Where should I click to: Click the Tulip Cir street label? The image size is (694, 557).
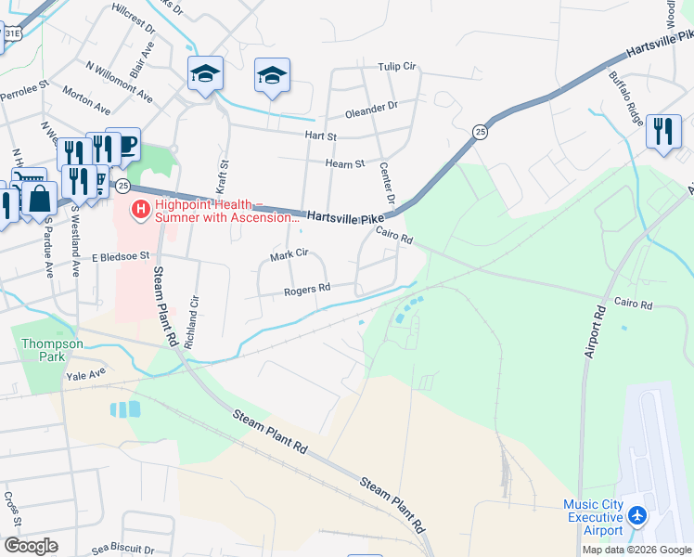(x=398, y=67)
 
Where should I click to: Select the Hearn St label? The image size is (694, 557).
(x=344, y=163)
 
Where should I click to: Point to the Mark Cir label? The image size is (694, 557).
(x=288, y=253)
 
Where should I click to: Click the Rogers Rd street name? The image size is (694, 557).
(x=307, y=289)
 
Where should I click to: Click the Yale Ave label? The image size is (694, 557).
(x=85, y=376)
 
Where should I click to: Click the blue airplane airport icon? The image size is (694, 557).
(x=637, y=515)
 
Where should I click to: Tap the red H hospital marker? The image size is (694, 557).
(x=141, y=210)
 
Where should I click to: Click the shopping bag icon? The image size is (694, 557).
(x=41, y=198)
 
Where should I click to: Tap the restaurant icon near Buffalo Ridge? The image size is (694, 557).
(x=663, y=131)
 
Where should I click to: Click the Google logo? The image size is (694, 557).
(x=30, y=546)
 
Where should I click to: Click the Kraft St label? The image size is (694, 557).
(x=223, y=176)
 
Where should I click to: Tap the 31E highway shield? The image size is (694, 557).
(x=12, y=34)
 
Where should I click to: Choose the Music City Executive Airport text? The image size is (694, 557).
(x=594, y=517)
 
